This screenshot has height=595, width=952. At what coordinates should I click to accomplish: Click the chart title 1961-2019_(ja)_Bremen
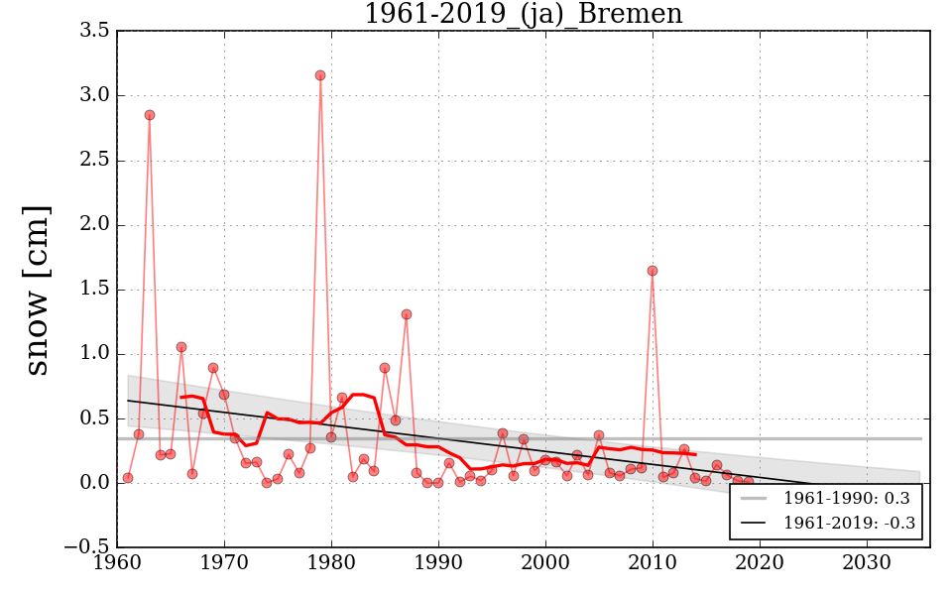pyautogui.click(x=523, y=14)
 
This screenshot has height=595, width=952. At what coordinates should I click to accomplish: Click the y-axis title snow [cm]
pyautogui.click(x=37, y=290)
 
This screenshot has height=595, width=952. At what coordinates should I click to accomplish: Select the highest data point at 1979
pyautogui.click(x=320, y=75)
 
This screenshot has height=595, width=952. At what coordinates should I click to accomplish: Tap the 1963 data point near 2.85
pyautogui.click(x=150, y=115)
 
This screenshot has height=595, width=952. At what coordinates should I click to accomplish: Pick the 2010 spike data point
pyautogui.click(x=653, y=271)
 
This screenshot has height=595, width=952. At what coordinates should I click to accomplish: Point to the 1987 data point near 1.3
pyautogui.click(x=407, y=314)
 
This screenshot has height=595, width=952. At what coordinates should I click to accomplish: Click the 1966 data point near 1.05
pyautogui.click(x=181, y=347)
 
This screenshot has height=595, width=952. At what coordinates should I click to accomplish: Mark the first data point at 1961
pyautogui.click(x=128, y=478)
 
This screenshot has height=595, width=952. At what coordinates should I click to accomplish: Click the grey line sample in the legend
pyautogui.click(x=756, y=498)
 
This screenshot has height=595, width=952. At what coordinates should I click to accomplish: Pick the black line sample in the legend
pyautogui.click(x=756, y=523)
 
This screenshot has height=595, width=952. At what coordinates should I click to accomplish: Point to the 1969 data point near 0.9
pyautogui.click(x=213, y=368)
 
